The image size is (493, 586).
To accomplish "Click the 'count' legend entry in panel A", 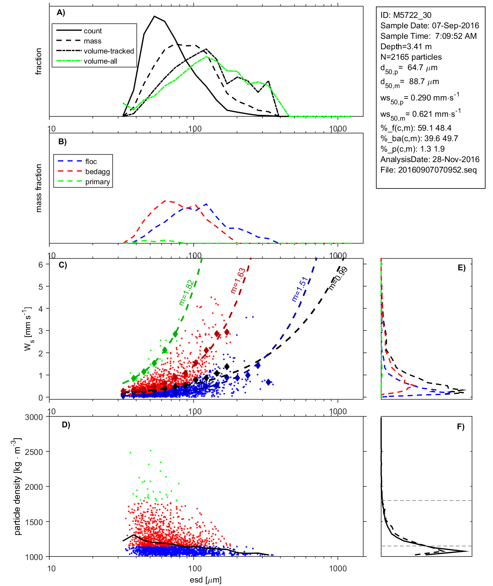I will (x=92, y=31).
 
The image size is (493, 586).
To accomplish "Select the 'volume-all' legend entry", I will (x=100, y=61).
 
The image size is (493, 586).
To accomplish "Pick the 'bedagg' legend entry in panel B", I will (x=97, y=172).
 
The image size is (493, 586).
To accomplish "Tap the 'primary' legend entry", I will (x=97, y=182).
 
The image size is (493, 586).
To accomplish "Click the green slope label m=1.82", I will (x=186, y=293).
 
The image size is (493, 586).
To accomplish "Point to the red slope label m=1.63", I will (x=238, y=280).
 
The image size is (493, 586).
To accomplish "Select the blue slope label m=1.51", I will (x=299, y=289).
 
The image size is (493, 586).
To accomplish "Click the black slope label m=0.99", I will (x=338, y=278).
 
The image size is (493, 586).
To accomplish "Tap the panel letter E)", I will (x=461, y=268).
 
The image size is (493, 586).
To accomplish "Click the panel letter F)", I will (x=460, y=427).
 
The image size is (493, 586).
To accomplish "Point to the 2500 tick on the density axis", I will (x=34, y=452).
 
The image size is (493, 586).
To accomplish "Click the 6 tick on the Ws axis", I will (x=40, y=264).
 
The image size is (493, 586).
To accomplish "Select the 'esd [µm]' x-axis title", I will (x=206, y=580).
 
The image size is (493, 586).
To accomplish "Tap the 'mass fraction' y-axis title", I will (x=38, y=188).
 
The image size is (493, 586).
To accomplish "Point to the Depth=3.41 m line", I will (x=406, y=47).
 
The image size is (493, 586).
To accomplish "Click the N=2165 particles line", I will (x=411, y=57).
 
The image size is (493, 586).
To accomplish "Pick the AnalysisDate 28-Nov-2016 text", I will (x=430, y=159).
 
